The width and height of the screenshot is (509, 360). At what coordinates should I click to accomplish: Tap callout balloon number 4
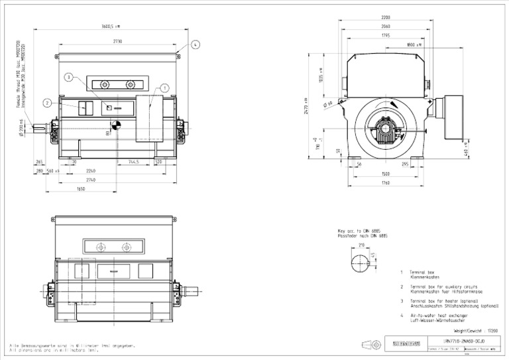[x=196, y=45]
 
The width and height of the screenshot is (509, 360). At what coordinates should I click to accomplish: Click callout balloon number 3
[x=68, y=78]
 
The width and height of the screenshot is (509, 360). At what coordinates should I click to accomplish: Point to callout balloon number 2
[x=47, y=103]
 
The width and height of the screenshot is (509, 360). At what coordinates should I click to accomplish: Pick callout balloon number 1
[x=164, y=88]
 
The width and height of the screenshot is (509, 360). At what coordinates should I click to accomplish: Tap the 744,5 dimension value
[x=133, y=161]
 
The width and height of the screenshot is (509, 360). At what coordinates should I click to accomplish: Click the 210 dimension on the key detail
[x=361, y=245]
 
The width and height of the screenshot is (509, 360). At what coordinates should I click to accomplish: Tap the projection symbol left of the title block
[x=370, y=344]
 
